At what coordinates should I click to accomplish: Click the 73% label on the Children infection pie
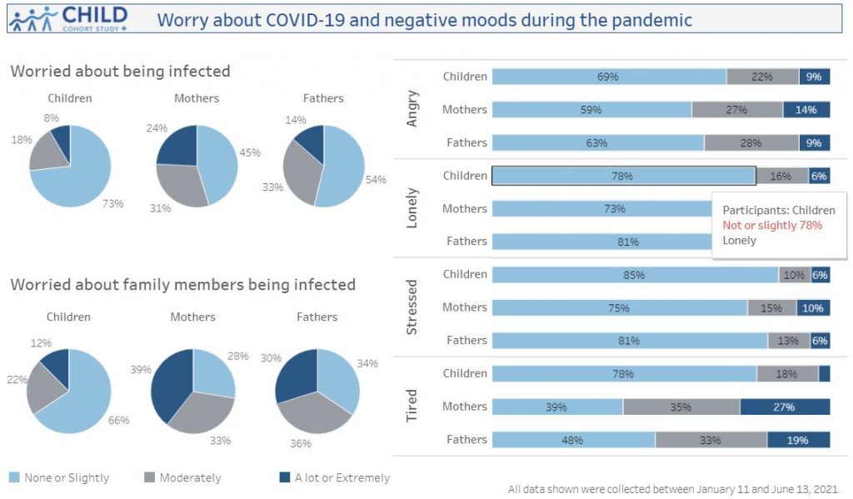pos(113,203)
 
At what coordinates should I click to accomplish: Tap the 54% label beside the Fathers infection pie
pos(376,179)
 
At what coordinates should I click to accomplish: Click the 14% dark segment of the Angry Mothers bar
pos(806,110)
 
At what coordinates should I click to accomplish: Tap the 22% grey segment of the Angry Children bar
pos(762,77)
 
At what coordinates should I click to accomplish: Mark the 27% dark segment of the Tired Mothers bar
pos(785,407)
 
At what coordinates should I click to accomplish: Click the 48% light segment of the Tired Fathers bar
pos(573,440)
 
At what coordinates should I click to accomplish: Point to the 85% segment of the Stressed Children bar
pos(635,275)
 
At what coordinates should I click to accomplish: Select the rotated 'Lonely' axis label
pos(412,208)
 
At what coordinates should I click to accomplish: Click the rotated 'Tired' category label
pos(412,406)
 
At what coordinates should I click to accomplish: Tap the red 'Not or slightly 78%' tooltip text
pos(772,226)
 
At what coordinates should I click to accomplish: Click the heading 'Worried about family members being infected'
pos(182,285)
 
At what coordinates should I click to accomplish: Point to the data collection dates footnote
pos(674,489)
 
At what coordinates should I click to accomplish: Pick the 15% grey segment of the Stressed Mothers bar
pos(771,308)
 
